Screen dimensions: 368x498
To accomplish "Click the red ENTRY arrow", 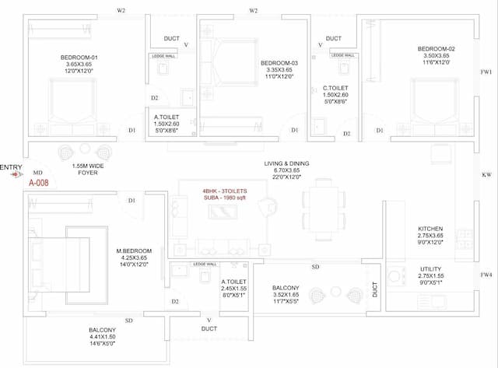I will [16, 175].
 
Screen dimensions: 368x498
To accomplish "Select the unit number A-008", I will [39, 184].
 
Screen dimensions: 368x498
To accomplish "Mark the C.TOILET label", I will [335, 89].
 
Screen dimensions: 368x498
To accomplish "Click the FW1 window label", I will [486, 72].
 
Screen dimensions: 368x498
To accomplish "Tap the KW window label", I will [486, 175].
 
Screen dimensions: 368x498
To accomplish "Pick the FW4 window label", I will [486, 275].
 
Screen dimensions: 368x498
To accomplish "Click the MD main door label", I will [37, 173].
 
